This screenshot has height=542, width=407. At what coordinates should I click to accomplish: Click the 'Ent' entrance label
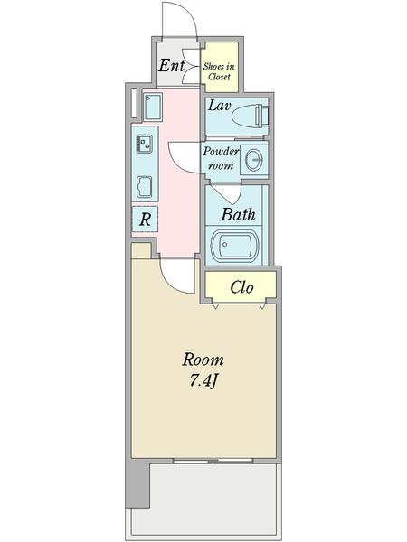pos(171,66)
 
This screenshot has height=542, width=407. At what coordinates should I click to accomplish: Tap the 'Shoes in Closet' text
pos(219,71)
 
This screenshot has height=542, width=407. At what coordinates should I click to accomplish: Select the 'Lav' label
pos(221,107)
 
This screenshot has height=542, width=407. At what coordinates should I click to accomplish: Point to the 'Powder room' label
pos(220,159)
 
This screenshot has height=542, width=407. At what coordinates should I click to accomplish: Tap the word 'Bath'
pos(238,215)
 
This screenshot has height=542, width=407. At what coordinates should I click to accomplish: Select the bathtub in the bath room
pos(235,247)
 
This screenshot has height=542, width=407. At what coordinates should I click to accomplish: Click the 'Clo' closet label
pos(241,288)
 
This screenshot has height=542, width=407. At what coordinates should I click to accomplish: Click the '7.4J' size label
pos(203,380)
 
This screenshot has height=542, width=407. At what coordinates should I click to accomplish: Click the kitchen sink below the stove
pos(146,185)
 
